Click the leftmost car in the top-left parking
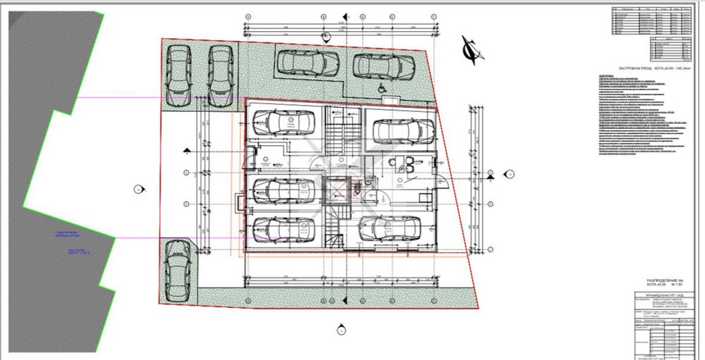coord(177,75)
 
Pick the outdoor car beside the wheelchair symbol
coord(384,66)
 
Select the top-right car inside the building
coord(403,130)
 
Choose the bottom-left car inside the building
coord(283,230)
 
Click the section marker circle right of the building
coord(508,173)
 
